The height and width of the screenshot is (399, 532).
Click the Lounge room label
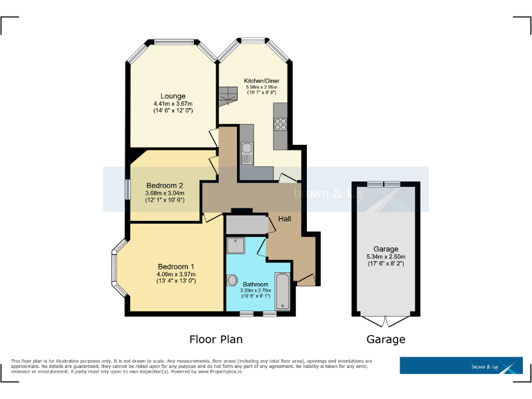point(172,96)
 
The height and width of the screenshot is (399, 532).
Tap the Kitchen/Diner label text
point(260,80)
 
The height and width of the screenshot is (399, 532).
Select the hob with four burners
point(281,125)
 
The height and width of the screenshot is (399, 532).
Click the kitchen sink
point(247,148)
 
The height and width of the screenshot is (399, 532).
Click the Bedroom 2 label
point(165,186)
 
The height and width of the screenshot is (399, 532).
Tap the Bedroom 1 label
point(176,267)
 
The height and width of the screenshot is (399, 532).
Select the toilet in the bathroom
point(232,281)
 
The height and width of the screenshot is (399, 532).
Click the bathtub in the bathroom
point(283,291)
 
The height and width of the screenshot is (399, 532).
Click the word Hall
point(284,219)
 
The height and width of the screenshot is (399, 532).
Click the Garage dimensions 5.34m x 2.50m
point(386,256)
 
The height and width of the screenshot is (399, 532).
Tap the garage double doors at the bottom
point(385,321)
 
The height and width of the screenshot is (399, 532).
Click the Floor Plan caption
point(215,339)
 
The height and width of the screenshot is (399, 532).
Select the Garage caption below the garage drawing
point(385,339)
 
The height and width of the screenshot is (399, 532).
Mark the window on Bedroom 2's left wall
point(127,190)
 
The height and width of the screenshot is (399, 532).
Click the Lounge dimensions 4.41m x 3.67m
point(172,104)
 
